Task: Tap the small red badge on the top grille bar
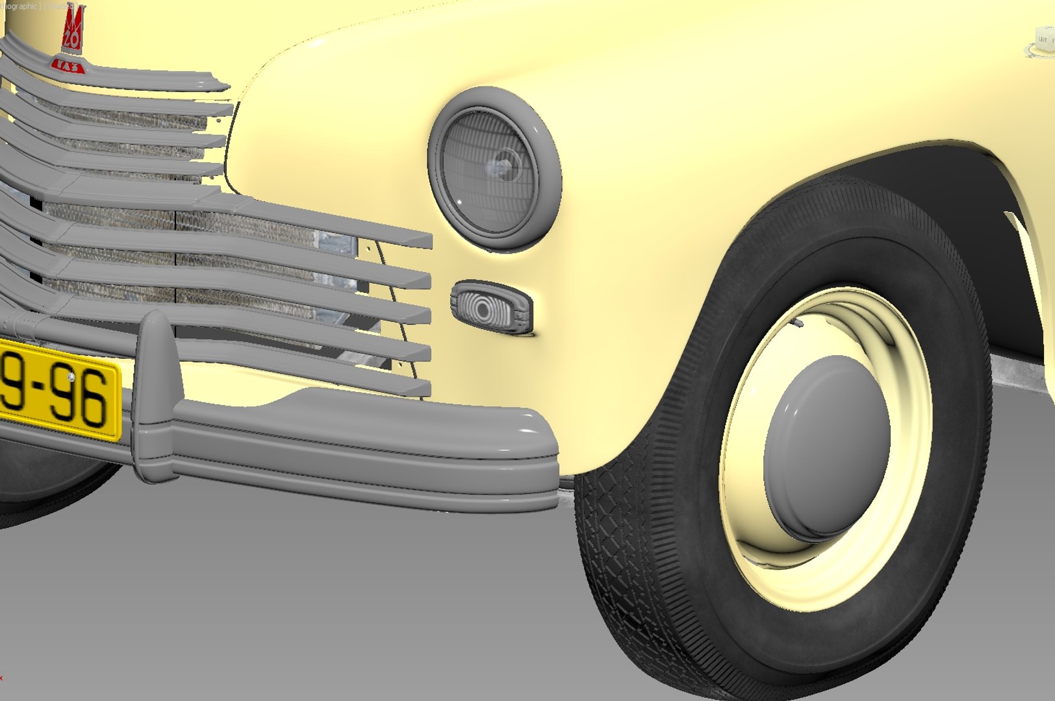click(x=68, y=66)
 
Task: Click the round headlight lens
click(x=490, y=171)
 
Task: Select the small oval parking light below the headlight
click(x=490, y=306)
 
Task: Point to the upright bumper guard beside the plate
click(x=155, y=396)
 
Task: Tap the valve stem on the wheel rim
click(x=797, y=322)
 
